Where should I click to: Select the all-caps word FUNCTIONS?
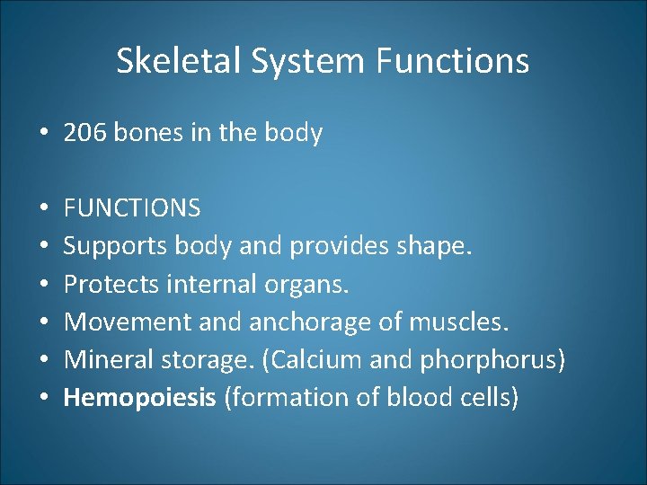coord(132,208)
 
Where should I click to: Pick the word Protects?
coord(108,284)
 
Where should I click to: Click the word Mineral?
coord(106,359)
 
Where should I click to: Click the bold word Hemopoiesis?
coord(139,398)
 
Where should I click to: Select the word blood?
coord(424,397)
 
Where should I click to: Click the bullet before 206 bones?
coord(44,134)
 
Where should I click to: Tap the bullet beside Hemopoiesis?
coord(44,398)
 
